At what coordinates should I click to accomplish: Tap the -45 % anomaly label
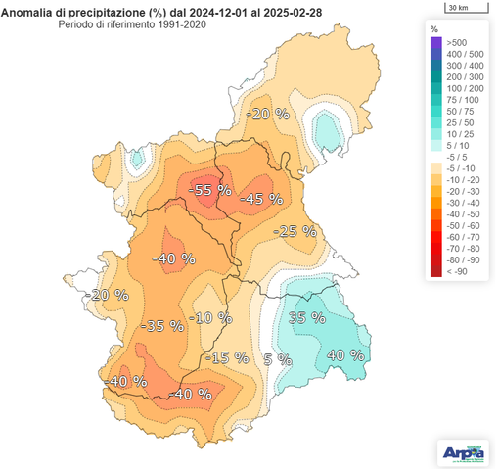tap(260, 198)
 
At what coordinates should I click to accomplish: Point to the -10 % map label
tap(212, 318)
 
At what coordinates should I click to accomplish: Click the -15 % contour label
tap(231, 357)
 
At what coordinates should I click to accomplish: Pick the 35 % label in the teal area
tap(306, 317)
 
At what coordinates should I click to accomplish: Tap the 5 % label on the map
tap(278, 358)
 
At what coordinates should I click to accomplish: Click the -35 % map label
tap(162, 325)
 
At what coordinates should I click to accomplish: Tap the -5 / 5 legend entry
tap(457, 156)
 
